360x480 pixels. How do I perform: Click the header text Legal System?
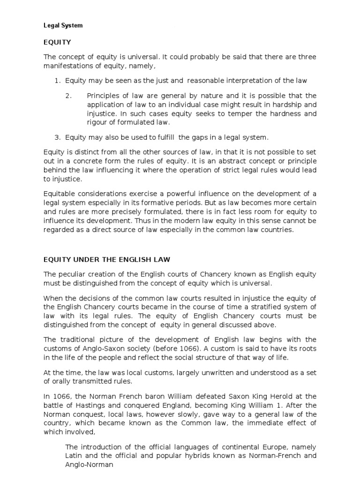(x=63, y=26)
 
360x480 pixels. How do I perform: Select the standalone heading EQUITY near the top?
(x=57, y=42)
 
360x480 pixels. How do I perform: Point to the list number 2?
(x=68, y=96)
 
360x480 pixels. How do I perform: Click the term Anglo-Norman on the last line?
(x=89, y=465)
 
